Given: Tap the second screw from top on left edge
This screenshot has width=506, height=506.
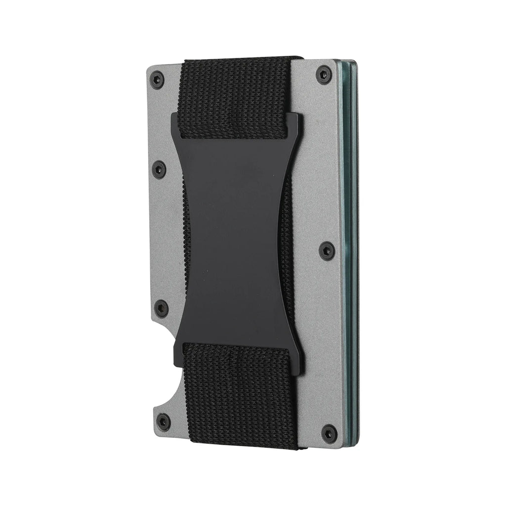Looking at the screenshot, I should (x=159, y=169).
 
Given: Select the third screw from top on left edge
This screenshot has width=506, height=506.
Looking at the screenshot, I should (x=161, y=308).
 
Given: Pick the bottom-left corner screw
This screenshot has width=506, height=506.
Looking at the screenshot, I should (x=163, y=422).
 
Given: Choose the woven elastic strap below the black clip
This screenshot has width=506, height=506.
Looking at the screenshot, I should (x=241, y=390).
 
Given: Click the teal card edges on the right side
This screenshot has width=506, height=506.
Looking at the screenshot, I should (x=352, y=247).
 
